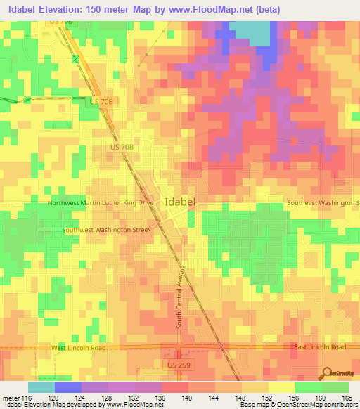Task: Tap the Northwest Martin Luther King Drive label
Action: (100, 203)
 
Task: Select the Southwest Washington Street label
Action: (105, 230)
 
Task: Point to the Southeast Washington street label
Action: (323, 203)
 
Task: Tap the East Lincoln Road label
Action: (320, 348)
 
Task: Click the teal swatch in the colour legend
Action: (41, 387)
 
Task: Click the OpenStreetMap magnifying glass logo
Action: (328, 373)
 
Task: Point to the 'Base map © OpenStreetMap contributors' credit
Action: (297, 405)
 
